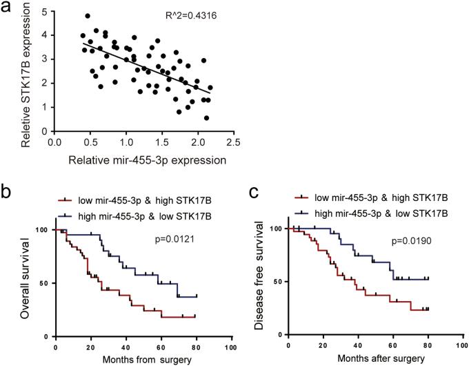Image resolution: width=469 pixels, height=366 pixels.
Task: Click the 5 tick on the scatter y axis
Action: [x=45, y=12]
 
